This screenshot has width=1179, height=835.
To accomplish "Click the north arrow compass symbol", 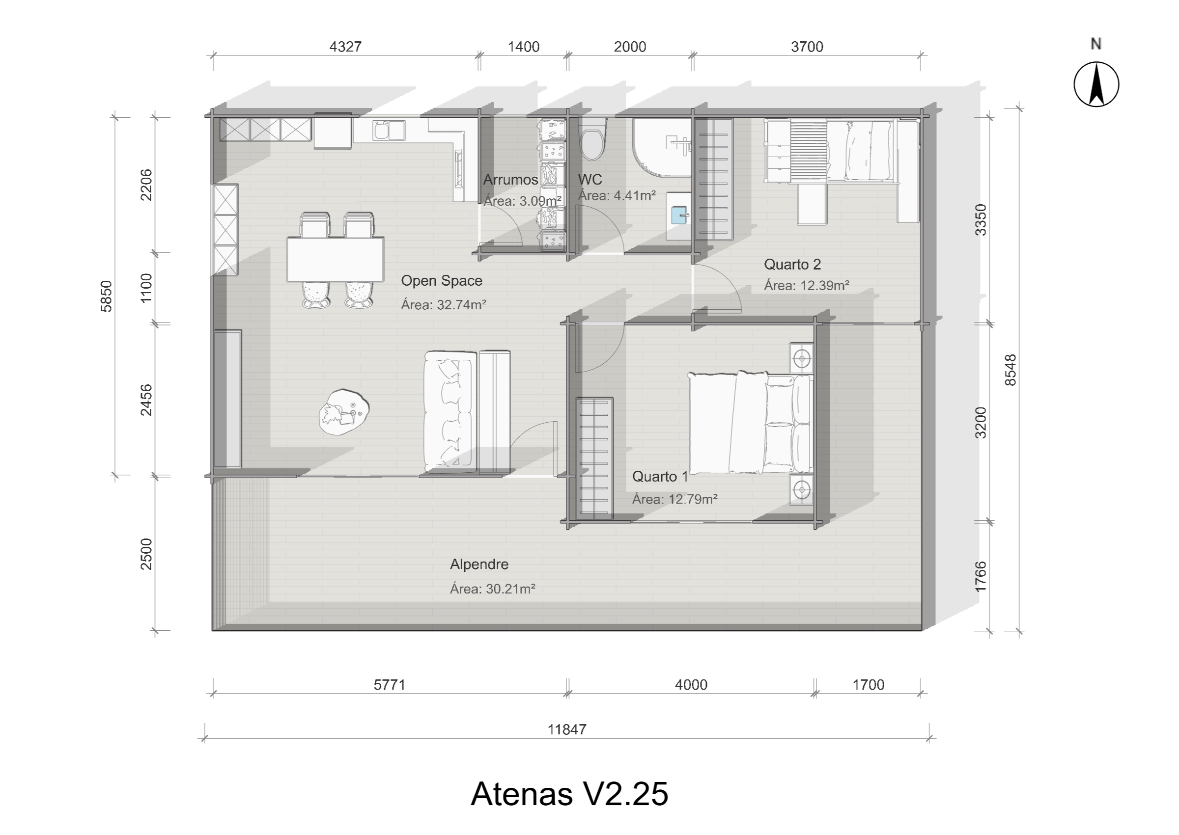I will tap(1095, 84).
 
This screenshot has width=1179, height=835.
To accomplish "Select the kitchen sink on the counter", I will tap(389, 131).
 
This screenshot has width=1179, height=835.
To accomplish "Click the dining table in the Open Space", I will tap(336, 259).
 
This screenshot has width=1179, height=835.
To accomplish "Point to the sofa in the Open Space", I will tap(449, 411).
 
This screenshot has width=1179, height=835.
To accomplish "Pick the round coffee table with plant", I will tap(343, 412).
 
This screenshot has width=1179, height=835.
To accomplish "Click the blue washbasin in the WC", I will tap(679, 215).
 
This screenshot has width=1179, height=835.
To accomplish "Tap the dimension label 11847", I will tap(567, 729).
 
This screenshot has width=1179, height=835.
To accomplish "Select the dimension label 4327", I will tap(345, 47).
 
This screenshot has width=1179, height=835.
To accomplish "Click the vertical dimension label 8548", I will tap(1011, 370).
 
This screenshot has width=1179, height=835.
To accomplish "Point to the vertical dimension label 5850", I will tap(106, 296).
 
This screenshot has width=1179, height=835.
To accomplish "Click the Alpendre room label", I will tap(479, 564).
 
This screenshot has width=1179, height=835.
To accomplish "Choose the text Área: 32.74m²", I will tap(444, 304).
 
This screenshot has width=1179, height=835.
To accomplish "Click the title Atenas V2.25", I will tap(569, 794).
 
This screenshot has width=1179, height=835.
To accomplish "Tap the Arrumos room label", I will tap(510, 180).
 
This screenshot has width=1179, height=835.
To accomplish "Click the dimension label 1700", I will tap(869, 684).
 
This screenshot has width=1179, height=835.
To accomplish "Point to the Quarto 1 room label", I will tap(660, 477).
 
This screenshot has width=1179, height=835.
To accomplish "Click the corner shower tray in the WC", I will tap(661, 148).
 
